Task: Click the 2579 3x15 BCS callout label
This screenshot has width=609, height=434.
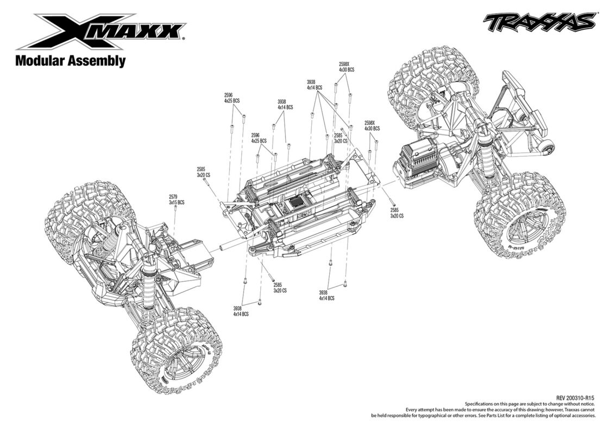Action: click(176, 200)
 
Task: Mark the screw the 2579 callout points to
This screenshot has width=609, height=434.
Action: click(175, 209)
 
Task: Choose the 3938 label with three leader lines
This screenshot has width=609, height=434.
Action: click(314, 85)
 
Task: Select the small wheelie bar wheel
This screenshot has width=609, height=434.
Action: click(547, 147)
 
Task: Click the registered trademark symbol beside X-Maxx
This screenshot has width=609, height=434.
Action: click(183, 39)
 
